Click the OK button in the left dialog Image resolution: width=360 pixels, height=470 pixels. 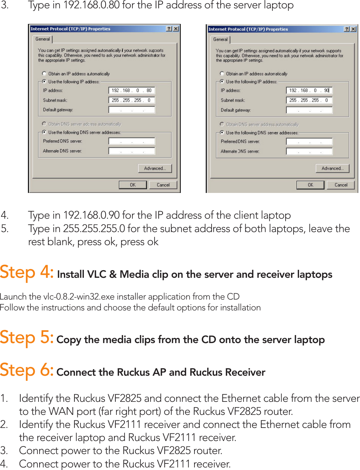coord(132,185)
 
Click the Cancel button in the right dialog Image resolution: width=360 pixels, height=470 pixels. coord(341,185)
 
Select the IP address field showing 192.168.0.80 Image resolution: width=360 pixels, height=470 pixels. coord(132,91)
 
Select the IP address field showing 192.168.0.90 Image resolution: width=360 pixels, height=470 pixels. coord(309,91)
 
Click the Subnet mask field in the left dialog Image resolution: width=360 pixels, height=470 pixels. coord(132,100)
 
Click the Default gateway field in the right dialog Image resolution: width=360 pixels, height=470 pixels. coord(309,110)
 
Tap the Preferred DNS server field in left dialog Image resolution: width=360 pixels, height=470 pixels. coord(132,141)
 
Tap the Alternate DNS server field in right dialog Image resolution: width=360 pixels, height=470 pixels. coord(309,152)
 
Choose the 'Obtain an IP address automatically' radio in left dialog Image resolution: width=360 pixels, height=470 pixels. coord(44,74)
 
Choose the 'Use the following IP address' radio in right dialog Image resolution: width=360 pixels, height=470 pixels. coord(222,82)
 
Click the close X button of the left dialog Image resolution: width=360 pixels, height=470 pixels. coord(176,29)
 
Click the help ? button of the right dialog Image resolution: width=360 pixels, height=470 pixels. coord(347,29)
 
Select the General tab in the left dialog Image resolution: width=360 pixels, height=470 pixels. coord(43,39)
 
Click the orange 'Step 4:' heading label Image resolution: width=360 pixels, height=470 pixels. coord(27,272)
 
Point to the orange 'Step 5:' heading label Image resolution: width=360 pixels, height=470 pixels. coord(27,338)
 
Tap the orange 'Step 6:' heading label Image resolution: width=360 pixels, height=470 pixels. coord(27,370)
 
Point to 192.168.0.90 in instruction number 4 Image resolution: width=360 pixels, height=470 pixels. coord(91,215)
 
